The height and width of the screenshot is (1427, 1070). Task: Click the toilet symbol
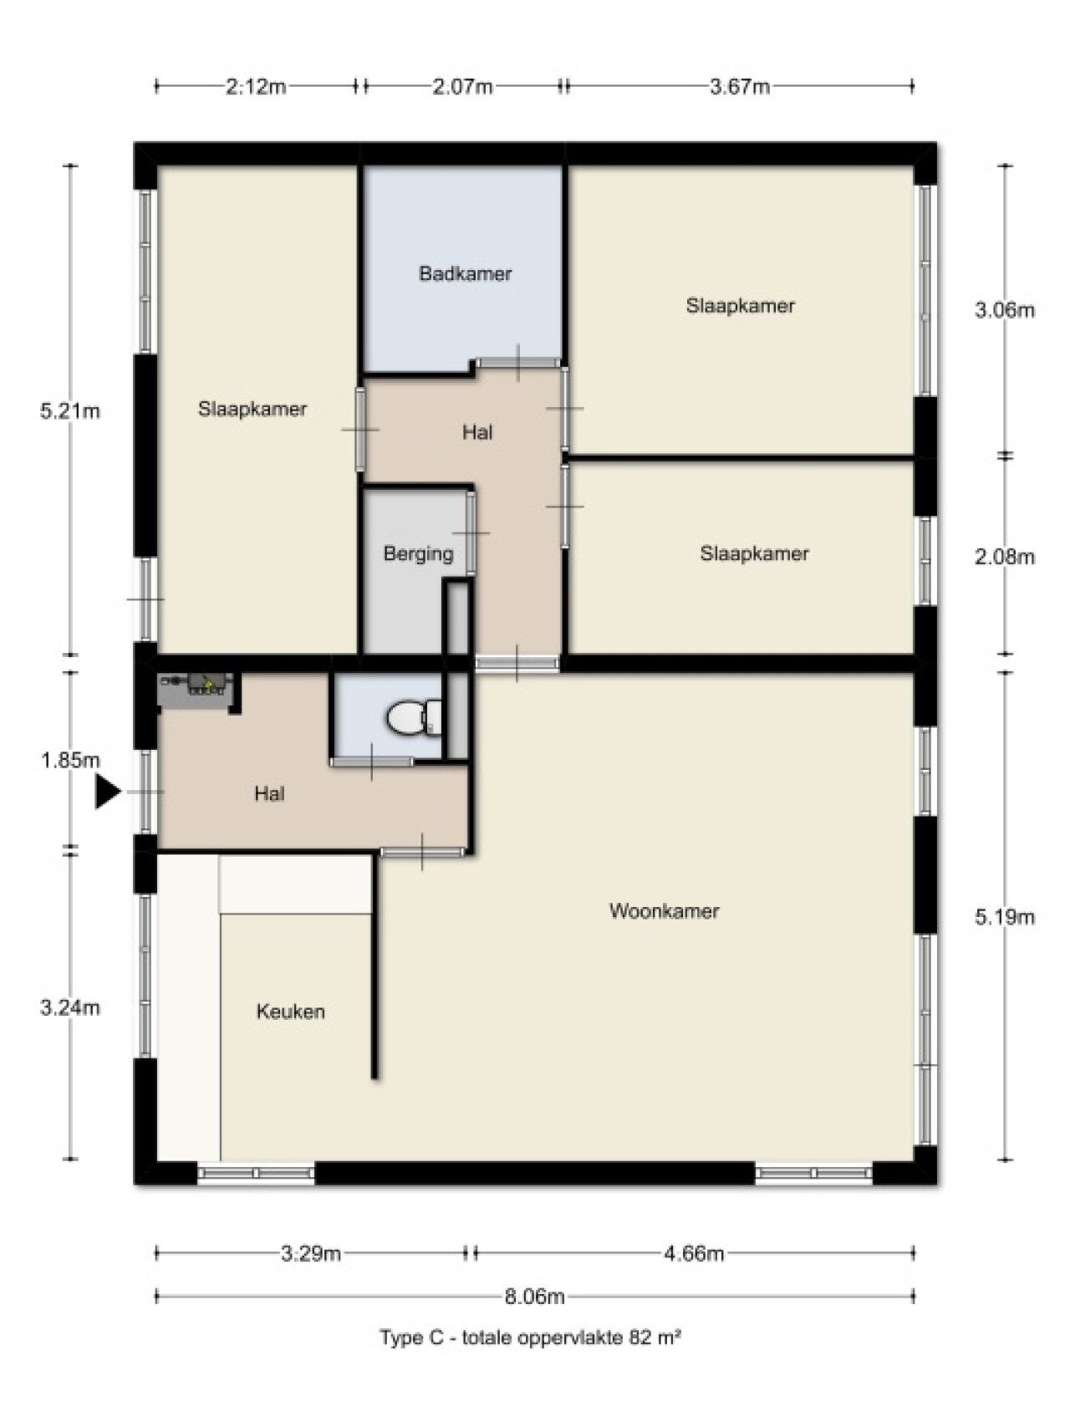coord(414,716)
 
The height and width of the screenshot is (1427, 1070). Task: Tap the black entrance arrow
coord(107,792)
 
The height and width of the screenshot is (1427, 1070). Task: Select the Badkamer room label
coord(466,273)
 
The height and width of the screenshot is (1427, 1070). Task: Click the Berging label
coord(419,553)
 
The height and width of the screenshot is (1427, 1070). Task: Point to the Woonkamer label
coord(665,910)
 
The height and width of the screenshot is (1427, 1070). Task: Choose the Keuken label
coord(291,1012)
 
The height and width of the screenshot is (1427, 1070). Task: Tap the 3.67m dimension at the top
coord(740,86)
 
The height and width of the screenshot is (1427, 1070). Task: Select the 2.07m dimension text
coord(463,86)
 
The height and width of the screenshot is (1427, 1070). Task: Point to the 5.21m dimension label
coord(70,411)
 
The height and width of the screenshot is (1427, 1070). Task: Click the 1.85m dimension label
coord(70,761)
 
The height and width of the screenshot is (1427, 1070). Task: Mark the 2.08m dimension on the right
coord(1005,557)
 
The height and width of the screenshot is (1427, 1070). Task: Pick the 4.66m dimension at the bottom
coord(694,1253)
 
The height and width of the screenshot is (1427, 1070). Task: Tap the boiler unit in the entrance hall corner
coord(195,683)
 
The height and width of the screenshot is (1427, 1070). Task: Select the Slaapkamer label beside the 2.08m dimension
coord(755,553)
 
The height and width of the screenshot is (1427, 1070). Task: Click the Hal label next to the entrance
coord(269,793)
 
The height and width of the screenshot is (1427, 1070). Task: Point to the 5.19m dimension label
coord(1005,917)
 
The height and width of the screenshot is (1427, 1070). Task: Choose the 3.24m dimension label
coord(70,1008)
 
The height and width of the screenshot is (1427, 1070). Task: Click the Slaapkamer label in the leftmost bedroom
coord(252,409)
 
